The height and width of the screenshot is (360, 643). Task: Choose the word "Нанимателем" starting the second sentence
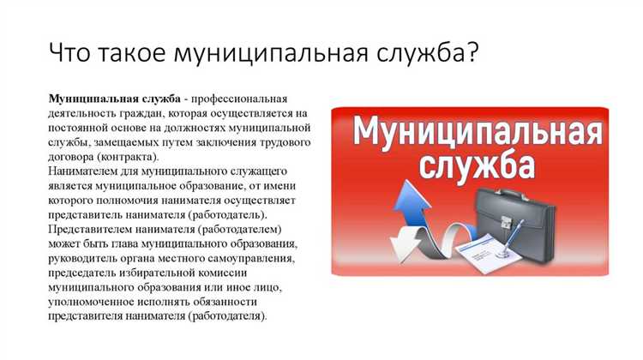pos(86,171)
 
